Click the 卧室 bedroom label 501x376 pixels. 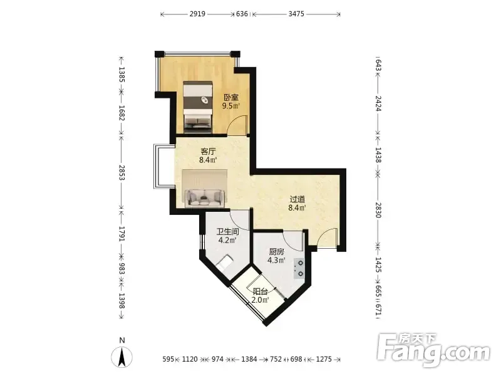pyautogui.click(x=230, y=97)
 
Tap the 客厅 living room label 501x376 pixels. pyautogui.click(x=208, y=151)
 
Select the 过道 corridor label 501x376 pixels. pyautogui.click(x=297, y=199)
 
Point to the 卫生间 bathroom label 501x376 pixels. pyautogui.click(x=227, y=231)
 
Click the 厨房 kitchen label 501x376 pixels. pyautogui.click(x=276, y=252)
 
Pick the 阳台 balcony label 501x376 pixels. pyautogui.click(x=260, y=291)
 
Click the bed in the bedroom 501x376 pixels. pyautogui.click(x=198, y=107)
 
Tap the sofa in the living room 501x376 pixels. pyautogui.click(x=205, y=197)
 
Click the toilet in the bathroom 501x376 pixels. pyautogui.click(x=225, y=263)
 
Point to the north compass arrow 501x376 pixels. pyautogui.click(x=121, y=357)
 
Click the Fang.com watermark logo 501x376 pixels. pyautogui.click(x=433, y=351)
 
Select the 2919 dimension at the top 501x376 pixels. pyautogui.click(x=197, y=14)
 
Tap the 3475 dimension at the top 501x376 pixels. pyautogui.click(x=296, y=14)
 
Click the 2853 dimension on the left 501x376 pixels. pyautogui.click(x=121, y=172)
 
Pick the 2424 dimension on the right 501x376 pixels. pyautogui.click(x=378, y=103)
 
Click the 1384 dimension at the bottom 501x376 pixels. pyautogui.click(x=249, y=359)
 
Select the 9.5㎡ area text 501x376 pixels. pyautogui.click(x=231, y=106)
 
